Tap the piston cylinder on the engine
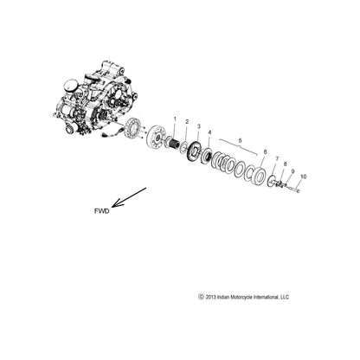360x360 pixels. (x=71, y=87)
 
